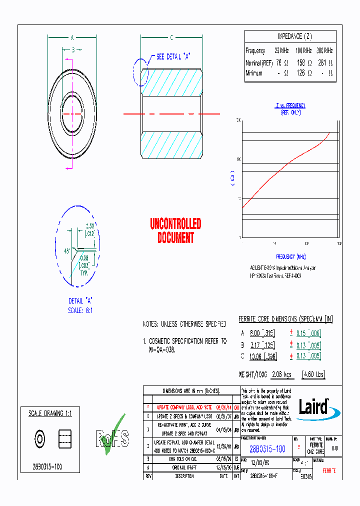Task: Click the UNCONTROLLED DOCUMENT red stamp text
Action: pos(175,230)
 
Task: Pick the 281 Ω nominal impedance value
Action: pos(325,63)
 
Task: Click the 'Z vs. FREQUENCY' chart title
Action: pos(290,105)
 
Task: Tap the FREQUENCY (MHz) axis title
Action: pos(291,256)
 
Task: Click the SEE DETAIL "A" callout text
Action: pos(173,57)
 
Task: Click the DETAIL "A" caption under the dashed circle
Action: pos(81,300)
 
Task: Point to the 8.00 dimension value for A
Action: pos(256,333)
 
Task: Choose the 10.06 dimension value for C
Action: pos(257,355)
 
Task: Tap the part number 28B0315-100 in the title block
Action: pos(267,449)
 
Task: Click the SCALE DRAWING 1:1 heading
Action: pos(50,413)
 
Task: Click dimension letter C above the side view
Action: pos(171,37)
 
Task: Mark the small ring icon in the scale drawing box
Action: pos(39,439)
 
